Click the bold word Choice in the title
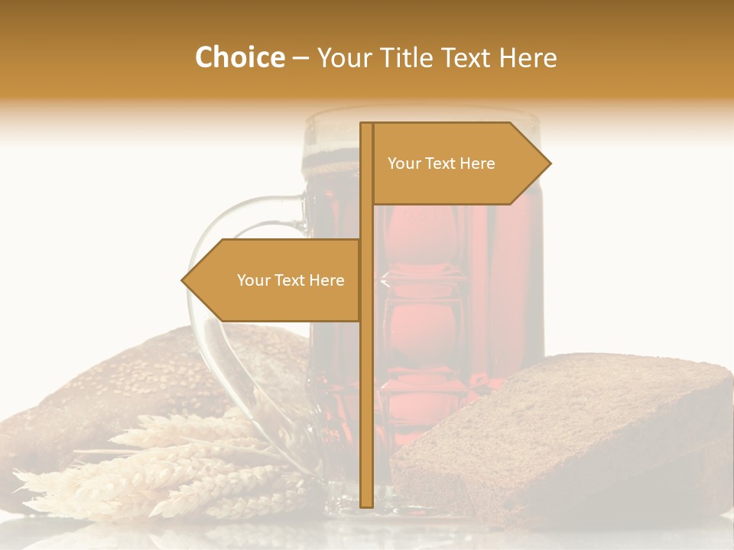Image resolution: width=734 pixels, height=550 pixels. (239, 57)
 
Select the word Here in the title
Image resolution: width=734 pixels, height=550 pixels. (527, 58)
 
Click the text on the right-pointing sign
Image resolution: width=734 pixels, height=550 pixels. (441, 163)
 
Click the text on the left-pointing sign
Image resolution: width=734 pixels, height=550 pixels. (291, 280)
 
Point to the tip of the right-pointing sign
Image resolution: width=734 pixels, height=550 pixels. (549, 163)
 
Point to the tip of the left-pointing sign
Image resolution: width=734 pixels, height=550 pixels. (183, 280)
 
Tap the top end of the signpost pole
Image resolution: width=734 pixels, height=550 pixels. (366, 125)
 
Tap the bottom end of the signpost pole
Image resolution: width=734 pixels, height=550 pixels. (366, 505)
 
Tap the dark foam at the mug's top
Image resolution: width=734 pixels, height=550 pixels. (336, 160)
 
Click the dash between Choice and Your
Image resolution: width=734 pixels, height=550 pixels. (300, 58)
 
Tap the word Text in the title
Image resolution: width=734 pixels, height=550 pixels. (467, 58)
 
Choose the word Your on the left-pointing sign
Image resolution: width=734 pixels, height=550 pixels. (254, 280)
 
